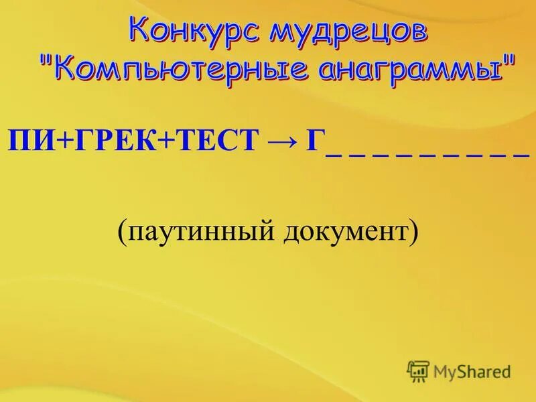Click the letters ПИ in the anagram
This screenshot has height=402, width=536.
25,142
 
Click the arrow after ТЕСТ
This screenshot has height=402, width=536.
283,142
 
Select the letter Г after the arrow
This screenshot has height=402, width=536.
315,142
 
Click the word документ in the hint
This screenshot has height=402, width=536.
352,232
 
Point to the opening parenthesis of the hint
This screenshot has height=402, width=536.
123,233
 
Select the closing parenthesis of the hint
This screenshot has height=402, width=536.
413,233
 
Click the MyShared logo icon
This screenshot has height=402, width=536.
418,371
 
